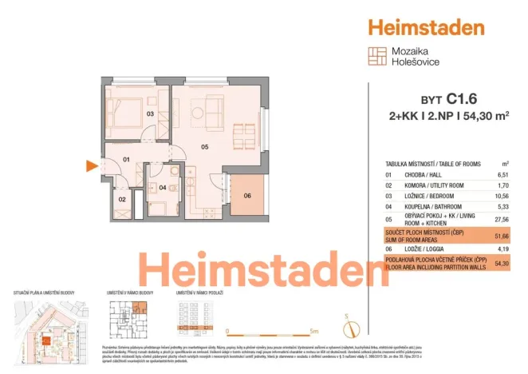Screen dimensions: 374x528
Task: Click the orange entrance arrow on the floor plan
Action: (93, 166)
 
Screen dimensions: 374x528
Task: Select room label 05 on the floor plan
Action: (205, 147)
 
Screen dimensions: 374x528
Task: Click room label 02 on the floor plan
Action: (122, 199)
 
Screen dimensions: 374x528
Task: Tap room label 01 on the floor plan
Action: (125, 160)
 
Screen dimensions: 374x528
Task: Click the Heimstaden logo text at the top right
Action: (426, 27)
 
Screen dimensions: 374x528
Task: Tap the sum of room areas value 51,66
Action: (502, 237)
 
